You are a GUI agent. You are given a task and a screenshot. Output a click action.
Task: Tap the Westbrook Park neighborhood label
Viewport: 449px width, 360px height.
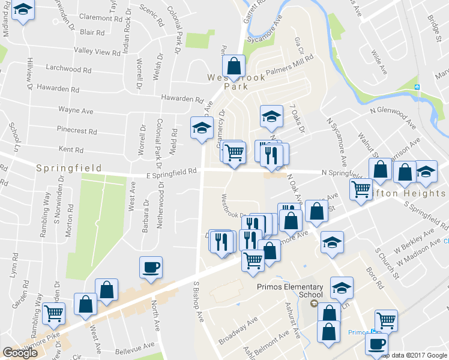pos(228,82)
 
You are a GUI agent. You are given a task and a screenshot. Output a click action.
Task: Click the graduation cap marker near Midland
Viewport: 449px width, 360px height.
pos(23,11)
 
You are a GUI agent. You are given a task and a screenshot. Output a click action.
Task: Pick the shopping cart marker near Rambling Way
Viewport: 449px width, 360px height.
pos(54,313)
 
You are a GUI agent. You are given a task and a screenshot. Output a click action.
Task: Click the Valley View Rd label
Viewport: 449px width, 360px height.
pos(97,52)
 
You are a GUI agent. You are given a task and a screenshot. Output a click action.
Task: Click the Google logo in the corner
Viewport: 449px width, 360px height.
pos(20,353)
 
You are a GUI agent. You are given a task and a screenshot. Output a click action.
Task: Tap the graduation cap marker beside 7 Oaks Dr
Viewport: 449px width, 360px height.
pos(271,115)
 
